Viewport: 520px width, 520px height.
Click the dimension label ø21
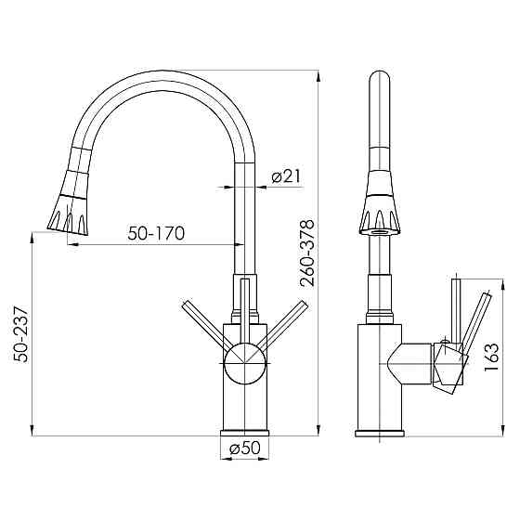click(283, 176)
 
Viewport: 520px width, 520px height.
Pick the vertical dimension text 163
click(492, 354)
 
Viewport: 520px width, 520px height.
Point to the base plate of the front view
click(245, 433)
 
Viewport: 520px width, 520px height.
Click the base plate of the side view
click(381, 433)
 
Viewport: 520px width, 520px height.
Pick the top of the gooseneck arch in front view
click(162, 78)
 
